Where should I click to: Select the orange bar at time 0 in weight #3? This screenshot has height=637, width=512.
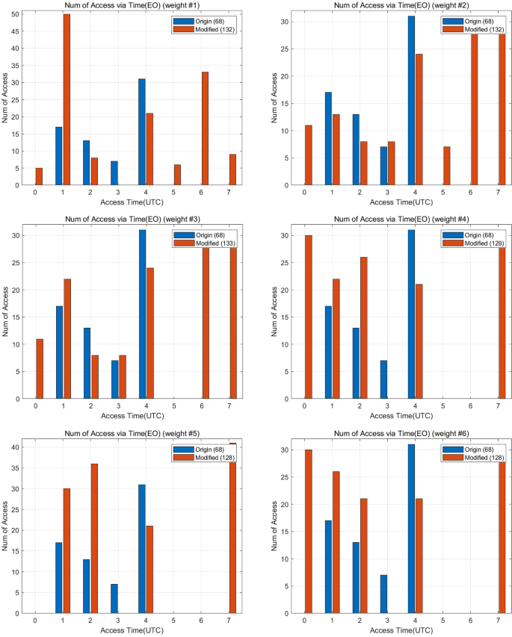[40, 369]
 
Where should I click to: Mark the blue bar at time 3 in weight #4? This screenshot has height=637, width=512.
[383, 379]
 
